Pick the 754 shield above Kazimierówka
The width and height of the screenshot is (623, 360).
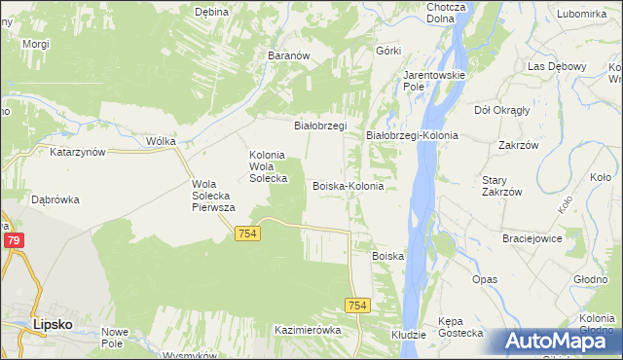click(x=357, y=306)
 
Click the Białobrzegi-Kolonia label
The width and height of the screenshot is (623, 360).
click(x=412, y=135)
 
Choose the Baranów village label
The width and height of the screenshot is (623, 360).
click(x=288, y=55)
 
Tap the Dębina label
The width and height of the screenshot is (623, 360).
click(x=211, y=12)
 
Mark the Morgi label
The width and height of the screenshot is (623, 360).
click(x=36, y=45)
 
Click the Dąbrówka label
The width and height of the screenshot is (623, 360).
click(x=55, y=199)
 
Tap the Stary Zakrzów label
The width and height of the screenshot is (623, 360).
click(x=502, y=186)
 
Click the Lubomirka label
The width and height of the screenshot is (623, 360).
click(x=583, y=14)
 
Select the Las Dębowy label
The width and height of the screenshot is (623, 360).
click(x=555, y=66)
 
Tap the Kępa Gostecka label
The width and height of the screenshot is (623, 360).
click(x=460, y=326)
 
